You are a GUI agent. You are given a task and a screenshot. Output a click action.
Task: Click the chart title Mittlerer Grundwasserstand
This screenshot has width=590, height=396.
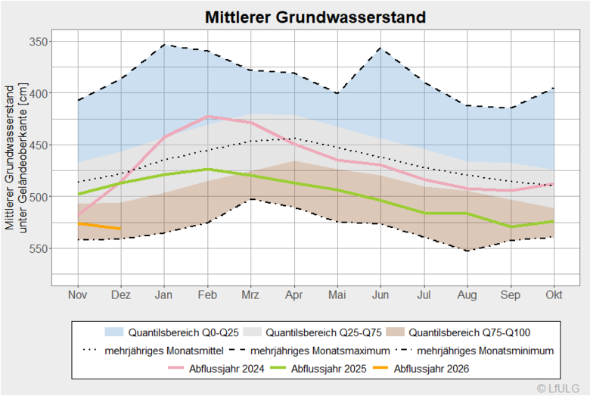point(315,17)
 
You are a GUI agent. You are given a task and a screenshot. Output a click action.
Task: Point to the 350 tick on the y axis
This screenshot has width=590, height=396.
point(36,42)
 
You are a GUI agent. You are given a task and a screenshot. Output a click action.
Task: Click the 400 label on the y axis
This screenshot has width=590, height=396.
point(36,93)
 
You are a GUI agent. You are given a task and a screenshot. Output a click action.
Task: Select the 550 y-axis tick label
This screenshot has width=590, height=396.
point(36,248)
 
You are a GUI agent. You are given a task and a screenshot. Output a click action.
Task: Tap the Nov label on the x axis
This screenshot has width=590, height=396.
point(77,295)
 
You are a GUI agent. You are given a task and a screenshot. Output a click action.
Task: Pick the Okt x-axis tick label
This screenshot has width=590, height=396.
point(554,295)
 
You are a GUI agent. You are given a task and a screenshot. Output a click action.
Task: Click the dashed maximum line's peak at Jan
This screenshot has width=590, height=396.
point(164,45)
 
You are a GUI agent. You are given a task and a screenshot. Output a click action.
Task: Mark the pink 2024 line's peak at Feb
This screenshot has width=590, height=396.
point(207,117)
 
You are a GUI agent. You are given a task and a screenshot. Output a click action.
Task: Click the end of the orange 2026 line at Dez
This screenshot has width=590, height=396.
point(120,229)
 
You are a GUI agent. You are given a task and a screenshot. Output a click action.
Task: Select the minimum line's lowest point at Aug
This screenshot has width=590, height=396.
point(467,251)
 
